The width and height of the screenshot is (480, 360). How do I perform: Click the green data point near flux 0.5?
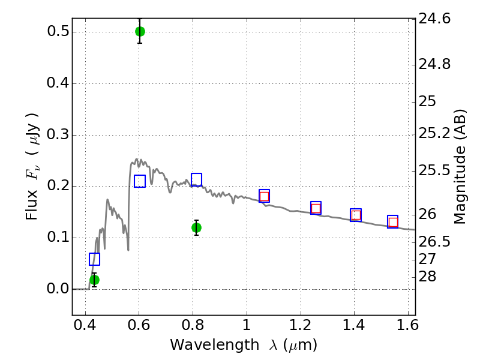coord(140,31)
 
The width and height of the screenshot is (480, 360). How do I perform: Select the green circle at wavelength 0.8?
coord(196,228)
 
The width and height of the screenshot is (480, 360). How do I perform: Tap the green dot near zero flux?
coord(94,280)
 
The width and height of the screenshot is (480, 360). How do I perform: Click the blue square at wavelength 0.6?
coord(140,181)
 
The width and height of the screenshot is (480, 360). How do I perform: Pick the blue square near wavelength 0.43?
coord(94,259)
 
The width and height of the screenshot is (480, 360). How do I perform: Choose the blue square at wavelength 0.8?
coord(196,179)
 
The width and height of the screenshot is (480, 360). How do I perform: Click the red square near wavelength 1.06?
coord(264,197)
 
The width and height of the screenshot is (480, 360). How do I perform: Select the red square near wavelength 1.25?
coord(316,208)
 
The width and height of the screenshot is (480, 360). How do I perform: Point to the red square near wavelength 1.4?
coord(356,215)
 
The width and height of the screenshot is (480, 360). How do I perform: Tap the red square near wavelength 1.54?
coord(393,222)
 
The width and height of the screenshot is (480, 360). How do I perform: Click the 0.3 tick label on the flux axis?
coord(57,134)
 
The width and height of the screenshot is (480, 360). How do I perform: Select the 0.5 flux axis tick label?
coord(57,31)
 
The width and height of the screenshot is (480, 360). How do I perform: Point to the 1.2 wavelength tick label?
coord(301,325)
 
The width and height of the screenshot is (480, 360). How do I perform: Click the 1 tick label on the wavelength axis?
coord(247,325)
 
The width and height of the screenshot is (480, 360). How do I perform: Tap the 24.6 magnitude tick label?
coord(434,19)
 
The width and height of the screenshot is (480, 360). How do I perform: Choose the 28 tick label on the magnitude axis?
coord(427,277)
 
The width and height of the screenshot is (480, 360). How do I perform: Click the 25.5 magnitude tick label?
coord(434,170)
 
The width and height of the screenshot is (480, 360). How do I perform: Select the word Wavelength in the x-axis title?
coord(215,345)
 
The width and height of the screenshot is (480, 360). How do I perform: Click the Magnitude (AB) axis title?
coord(460,167)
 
